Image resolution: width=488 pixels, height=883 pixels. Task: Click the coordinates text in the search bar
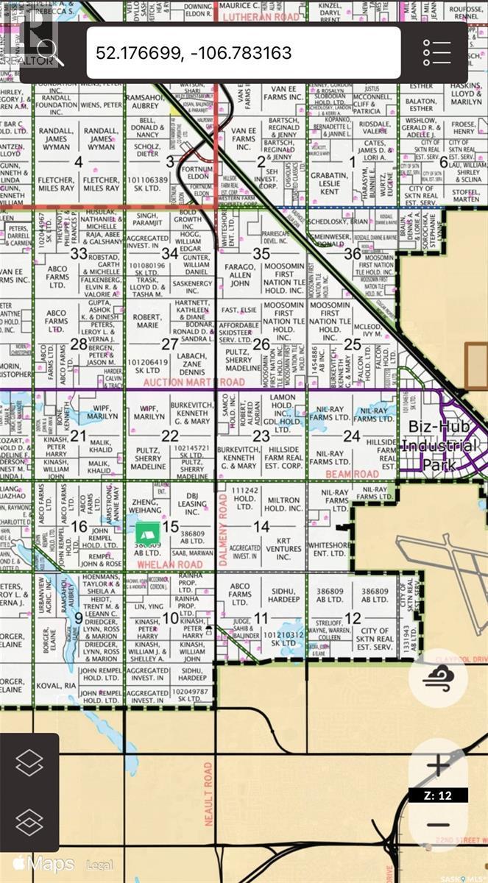[194, 53]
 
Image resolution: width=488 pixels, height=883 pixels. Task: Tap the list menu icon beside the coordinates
[436, 52]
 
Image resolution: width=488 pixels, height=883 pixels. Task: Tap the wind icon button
[439, 681]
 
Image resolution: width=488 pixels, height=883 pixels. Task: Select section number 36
[352, 253]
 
